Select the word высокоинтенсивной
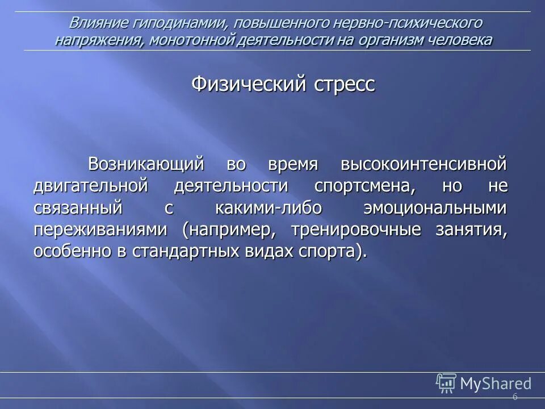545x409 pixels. [x=423, y=164]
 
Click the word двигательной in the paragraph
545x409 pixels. [x=91, y=186]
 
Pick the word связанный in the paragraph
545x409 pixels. [x=78, y=207]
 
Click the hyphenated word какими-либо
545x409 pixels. [x=269, y=207]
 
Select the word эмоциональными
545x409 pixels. [x=435, y=207]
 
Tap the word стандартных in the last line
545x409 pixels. [x=184, y=251]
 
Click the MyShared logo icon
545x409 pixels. [x=446, y=383]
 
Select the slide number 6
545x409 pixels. [x=515, y=397]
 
